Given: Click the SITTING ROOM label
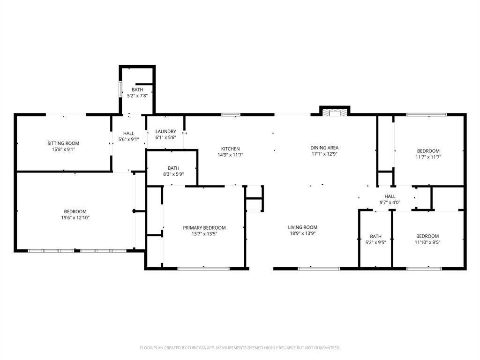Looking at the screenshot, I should point(63,143).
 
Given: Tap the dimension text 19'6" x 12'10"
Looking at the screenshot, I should point(75,217).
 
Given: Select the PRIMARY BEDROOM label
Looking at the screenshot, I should point(204,228).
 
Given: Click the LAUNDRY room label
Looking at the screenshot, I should point(165,132).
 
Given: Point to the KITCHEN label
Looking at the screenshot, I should point(230,149).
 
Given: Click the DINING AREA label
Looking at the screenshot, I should point(324,148).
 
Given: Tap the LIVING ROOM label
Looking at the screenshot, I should point(302,227).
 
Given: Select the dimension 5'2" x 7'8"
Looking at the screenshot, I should point(137,96).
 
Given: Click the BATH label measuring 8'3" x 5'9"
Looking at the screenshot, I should point(173,168).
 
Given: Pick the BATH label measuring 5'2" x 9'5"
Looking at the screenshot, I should point(375,237).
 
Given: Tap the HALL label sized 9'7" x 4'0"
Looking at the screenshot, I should point(390,197).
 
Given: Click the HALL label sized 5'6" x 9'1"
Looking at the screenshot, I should point(128,134).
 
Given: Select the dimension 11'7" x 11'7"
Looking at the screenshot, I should point(428,157).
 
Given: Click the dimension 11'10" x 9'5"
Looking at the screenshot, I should point(427,242).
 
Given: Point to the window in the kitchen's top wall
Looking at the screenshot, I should point(231,114).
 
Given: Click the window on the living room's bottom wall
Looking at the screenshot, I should point(312,269).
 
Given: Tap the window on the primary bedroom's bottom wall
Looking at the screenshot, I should point(203,269).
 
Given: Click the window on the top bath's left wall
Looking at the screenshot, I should point(120,89).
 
